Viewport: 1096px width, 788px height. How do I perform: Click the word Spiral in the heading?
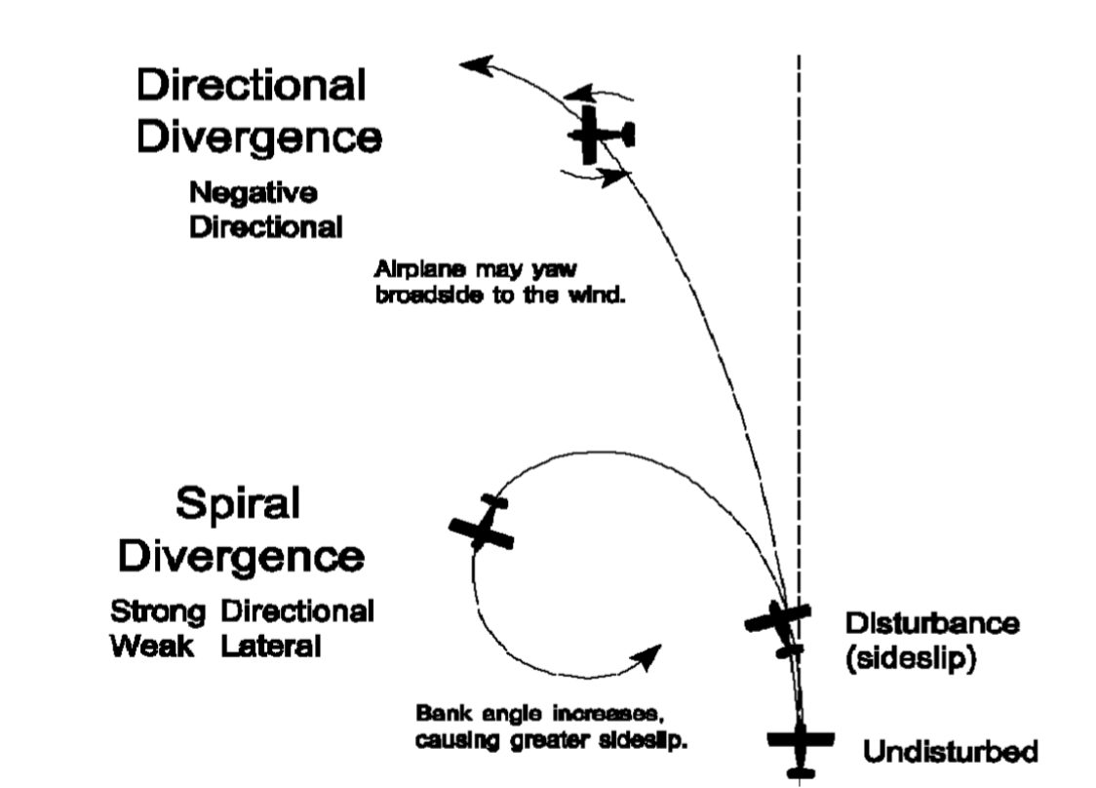click(x=239, y=505)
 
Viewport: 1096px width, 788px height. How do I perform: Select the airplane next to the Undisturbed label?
click(x=800, y=744)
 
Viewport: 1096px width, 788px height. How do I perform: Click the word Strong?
click(x=158, y=612)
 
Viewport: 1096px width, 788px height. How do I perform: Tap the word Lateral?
click(x=271, y=646)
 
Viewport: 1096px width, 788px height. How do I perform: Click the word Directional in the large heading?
click(x=251, y=86)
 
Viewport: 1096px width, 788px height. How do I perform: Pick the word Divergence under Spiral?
click(x=241, y=557)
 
